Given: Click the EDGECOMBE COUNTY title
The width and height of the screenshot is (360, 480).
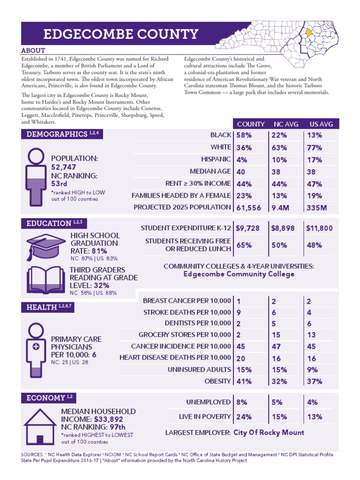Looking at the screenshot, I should point(120,34).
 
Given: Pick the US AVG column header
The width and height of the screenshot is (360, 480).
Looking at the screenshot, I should point(321,124).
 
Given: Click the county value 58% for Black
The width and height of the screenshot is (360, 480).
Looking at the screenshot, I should point(244,135).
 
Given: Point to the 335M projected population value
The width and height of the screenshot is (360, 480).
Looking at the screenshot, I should point(316,207).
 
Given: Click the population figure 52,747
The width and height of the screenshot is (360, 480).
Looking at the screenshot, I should point(64,167).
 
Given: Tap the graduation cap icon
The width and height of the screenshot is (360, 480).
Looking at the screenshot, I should point(43,246).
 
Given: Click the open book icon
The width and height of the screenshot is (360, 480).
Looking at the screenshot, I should point(43,281).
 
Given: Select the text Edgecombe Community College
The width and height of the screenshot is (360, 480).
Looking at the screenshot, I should point(239,274).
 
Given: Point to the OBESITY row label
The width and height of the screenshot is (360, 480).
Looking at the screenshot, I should point(217,381).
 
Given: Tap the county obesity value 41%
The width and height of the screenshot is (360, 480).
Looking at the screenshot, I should point(244,382).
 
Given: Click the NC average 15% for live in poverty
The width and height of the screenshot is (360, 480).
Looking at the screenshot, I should point(279,417).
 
